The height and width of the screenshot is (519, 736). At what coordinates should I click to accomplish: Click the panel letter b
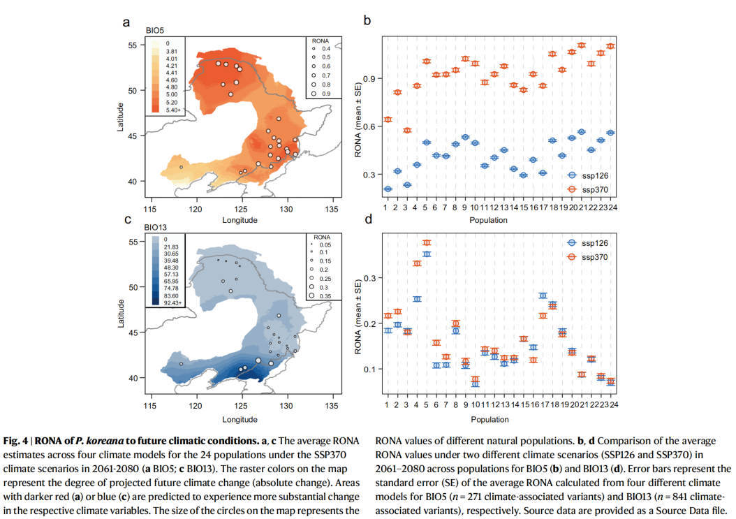point(367,22)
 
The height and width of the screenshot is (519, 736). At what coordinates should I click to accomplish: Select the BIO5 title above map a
point(154,31)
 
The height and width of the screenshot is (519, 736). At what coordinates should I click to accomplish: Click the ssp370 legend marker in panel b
point(571,189)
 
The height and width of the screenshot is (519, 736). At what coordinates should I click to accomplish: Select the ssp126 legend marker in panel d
point(571,243)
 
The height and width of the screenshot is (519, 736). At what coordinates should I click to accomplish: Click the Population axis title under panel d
point(499,419)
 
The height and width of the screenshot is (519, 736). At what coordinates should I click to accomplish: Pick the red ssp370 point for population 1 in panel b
point(388,119)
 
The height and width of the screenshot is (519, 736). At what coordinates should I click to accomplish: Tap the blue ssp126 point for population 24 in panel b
point(610,133)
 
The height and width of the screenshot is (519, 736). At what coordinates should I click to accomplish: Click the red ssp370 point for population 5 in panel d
point(427,243)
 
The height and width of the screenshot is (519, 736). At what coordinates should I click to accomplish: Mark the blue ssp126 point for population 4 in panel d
point(417,299)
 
